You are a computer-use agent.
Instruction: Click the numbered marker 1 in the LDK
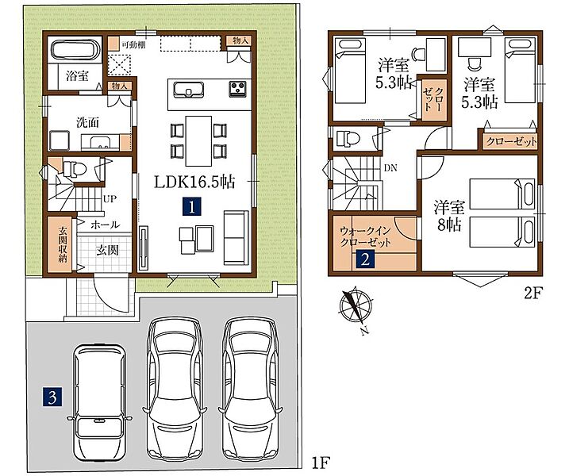pyautogui.click(x=192, y=207)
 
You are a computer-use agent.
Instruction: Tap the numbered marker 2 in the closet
pyautogui.click(x=365, y=259)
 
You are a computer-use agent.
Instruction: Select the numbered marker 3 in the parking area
pyautogui.click(x=52, y=397)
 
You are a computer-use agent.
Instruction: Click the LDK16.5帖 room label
pyautogui.click(x=194, y=182)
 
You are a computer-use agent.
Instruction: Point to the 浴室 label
pyautogui.click(x=77, y=76)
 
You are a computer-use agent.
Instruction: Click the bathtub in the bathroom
pyautogui.click(x=75, y=49)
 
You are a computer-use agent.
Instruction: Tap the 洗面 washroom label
pyautogui.click(x=87, y=122)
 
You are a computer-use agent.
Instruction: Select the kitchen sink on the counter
pyautogui.click(x=188, y=90)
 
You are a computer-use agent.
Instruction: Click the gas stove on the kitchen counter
pyautogui.click(x=238, y=89)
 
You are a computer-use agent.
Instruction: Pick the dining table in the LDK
pyautogui.click(x=198, y=140)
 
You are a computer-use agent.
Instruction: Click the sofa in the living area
pyautogui.click(x=236, y=238)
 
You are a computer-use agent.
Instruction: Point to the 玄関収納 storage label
pyautogui.click(x=63, y=245)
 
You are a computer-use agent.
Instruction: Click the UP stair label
pyautogui.click(x=110, y=199)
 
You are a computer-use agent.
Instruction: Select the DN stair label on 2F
pyautogui.click(x=390, y=168)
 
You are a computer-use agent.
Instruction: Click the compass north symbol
pyautogui.click(x=356, y=306)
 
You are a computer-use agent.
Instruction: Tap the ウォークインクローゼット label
pyautogui.click(x=365, y=236)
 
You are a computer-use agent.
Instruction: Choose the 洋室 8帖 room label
pyautogui.click(x=449, y=217)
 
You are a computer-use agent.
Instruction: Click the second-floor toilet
pyautogui.click(x=348, y=138)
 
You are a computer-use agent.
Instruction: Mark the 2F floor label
pyautogui.click(x=532, y=294)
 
